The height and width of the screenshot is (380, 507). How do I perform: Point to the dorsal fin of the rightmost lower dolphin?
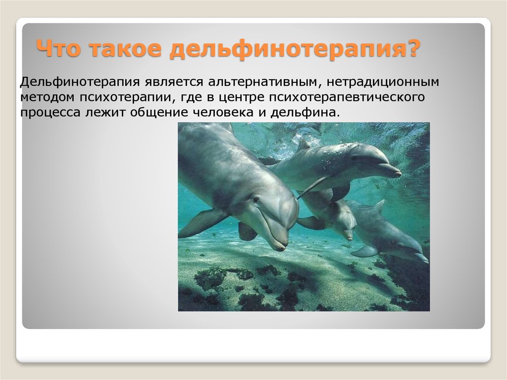coord(379,206)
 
